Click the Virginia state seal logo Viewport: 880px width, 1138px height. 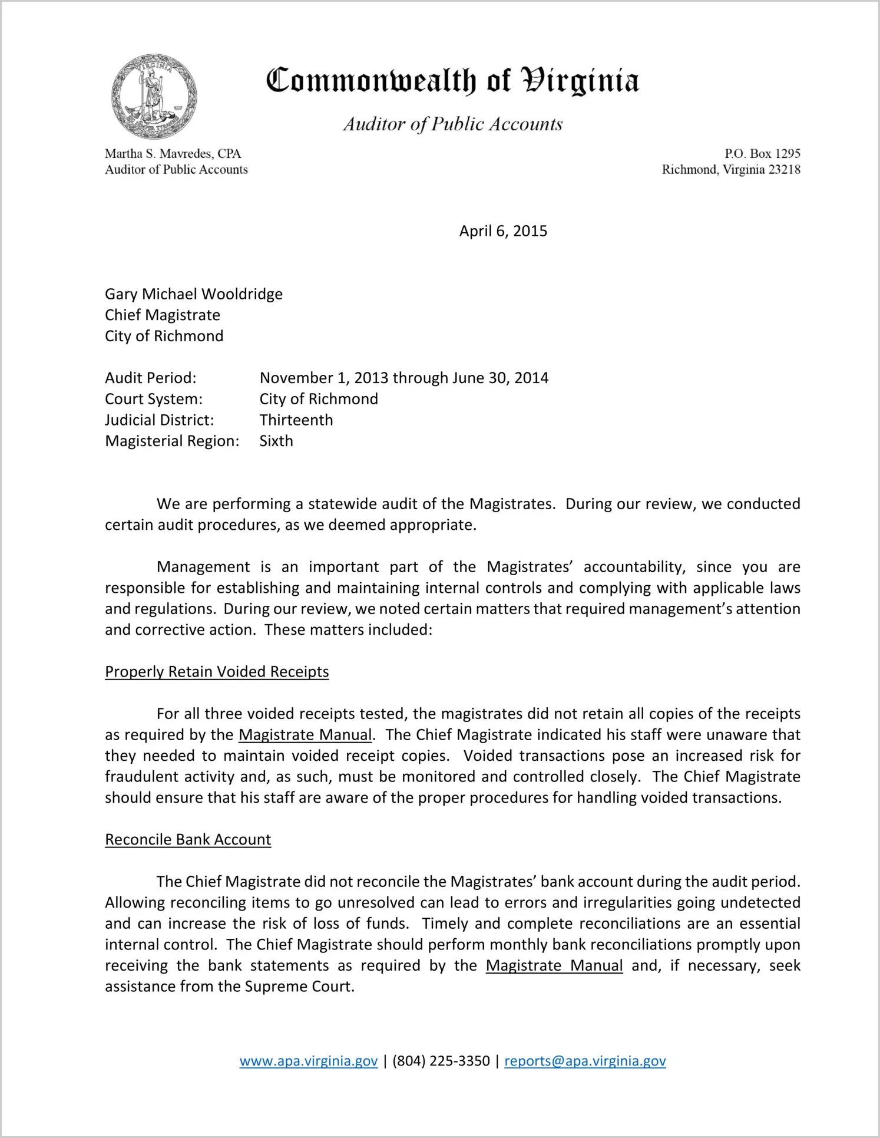click(x=154, y=96)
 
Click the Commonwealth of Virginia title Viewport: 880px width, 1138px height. click(x=452, y=81)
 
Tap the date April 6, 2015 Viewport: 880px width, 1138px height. click(x=503, y=231)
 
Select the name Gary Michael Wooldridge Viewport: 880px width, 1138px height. click(x=194, y=294)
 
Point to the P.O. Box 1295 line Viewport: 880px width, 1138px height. click(x=762, y=154)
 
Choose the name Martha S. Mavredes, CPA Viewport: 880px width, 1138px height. click(x=173, y=154)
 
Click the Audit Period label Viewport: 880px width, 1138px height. click(x=151, y=378)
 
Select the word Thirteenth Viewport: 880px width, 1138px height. click(x=296, y=420)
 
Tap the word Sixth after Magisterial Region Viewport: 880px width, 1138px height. click(x=276, y=441)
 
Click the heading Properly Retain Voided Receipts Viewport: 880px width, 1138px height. click(x=217, y=672)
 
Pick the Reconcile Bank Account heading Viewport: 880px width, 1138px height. click(x=188, y=839)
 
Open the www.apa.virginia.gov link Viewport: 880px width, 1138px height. click(x=309, y=1061)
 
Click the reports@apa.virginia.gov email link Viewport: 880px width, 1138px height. click(x=585, y=1061)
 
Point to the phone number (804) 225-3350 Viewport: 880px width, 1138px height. click(x=441, y=1061)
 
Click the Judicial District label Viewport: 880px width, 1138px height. click(x=160, y=420)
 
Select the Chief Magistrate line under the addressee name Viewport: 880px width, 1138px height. click(x=163, y=315)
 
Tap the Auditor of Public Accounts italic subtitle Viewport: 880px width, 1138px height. click(x=453, y=124)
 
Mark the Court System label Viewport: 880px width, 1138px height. click(x=154, y=399)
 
